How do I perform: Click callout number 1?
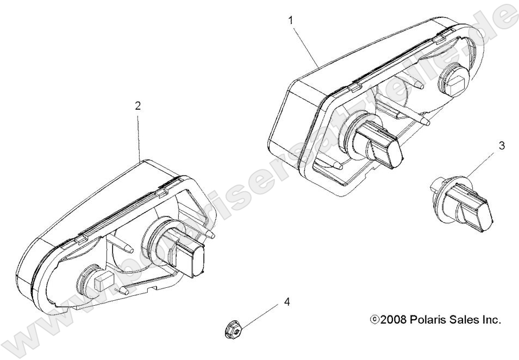point(291,20)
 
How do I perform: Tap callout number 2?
point(138,106)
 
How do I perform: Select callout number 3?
point(502,146)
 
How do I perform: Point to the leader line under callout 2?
point(139,136)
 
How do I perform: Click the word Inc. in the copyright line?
point(490,320)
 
